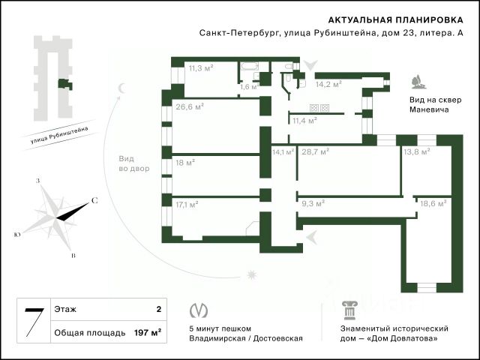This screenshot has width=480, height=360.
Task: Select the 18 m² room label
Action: [x=184, y=161]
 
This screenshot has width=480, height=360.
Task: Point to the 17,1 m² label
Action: [x=187, y=203]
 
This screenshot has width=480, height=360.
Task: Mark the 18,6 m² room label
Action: [x=433, y=202]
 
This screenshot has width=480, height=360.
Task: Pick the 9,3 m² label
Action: [x=313, y=202]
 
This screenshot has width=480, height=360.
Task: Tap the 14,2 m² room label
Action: [x=330, y=85]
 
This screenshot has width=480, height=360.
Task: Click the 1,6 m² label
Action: [x=249, y=87]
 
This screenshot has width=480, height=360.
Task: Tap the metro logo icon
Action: [x=199, y=310]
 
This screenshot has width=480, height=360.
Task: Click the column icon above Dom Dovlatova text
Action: [x=346, y=310]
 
